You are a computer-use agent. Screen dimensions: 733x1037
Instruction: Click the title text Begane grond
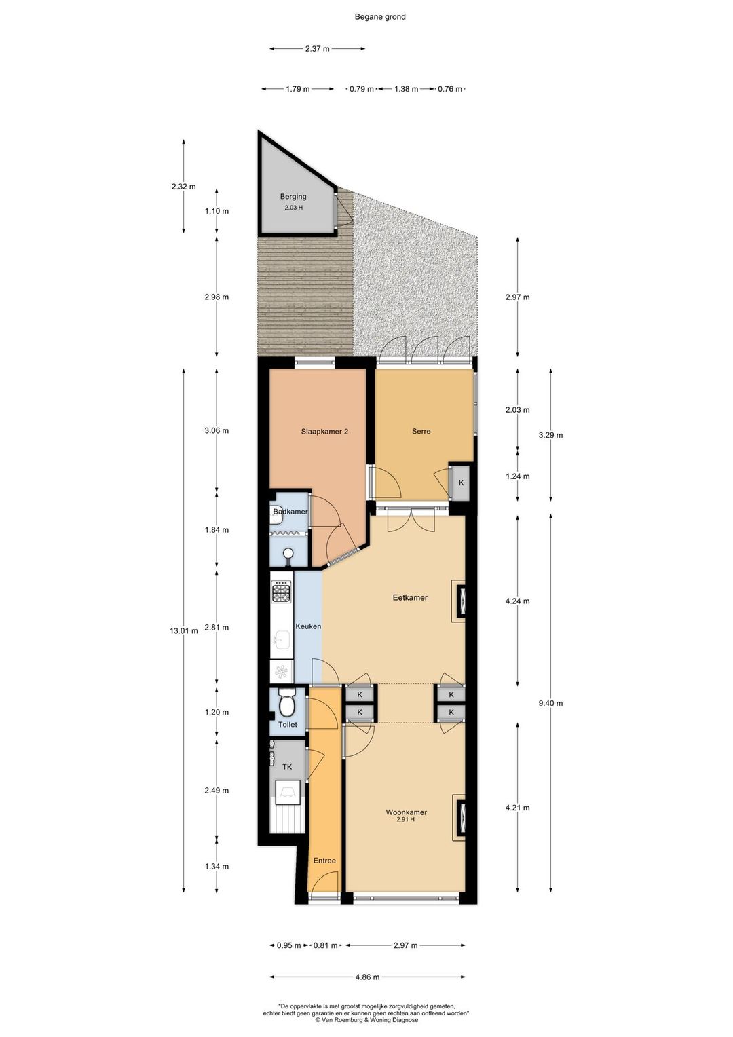click(379, 17)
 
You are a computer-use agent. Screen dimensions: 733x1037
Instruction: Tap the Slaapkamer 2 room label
click(324, 432)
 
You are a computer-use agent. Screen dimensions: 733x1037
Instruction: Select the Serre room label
click(421, 431)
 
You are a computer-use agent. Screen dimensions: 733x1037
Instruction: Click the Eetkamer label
click(410, 597)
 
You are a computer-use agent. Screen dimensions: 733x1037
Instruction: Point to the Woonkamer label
click(406, 812)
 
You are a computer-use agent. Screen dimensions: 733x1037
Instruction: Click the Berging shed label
click(293, 196)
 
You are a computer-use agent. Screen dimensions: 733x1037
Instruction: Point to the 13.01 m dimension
click(184, 630)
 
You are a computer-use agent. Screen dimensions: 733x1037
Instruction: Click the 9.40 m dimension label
click(550, 703)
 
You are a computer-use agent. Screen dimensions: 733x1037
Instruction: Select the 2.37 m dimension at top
click(317, 48)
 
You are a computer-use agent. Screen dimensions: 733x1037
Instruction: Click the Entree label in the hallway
click(324, 861)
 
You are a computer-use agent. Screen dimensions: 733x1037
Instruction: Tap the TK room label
click(287, 767)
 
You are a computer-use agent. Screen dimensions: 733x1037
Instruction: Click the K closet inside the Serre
click(461, 483)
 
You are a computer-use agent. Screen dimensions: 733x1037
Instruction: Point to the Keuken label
click(308, 626)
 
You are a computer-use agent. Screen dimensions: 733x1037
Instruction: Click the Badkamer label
click(290, 512)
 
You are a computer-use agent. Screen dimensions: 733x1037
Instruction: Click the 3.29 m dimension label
click(550, 435)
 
